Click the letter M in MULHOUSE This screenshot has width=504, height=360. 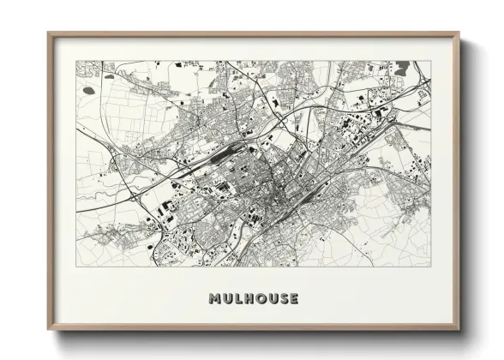(x=213, y=299)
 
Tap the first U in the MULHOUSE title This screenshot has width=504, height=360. (x=226, y=299)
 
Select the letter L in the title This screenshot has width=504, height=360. (x=237, y=299)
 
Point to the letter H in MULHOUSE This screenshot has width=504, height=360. (x=248, y=299)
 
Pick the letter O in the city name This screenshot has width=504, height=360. (x=260, y=299)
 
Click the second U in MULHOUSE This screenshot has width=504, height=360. (x=272, y=299)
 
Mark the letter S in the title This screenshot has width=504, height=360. (x=283, y=299)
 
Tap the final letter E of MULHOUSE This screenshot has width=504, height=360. (x=294, y=299)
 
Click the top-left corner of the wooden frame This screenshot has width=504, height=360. (x=49, y=33)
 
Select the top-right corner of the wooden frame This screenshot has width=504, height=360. (x=459, y=33)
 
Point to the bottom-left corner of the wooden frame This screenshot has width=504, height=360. (x=49, y=329)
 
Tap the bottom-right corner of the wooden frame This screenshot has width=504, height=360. (x=459, y=329)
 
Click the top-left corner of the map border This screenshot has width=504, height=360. (x=76, y=61)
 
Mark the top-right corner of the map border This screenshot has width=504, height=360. (x=431, y=61)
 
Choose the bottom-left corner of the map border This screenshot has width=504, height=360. (x=76, y=267)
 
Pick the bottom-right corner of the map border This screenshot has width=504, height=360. (x=431, y=267)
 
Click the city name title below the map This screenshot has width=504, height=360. (x=254, y=299)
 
